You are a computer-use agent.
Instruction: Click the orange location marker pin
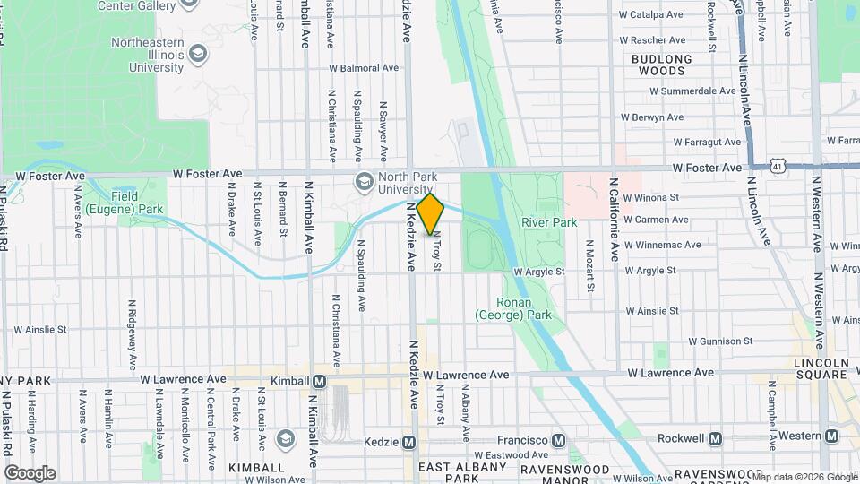[431, 213]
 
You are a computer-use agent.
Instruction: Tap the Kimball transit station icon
[319, 381]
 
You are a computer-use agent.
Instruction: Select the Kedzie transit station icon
[408, 442]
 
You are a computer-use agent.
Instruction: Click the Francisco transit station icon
[559, 440]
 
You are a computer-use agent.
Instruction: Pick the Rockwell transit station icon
[715, 438]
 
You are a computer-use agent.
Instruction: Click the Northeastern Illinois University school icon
[195, 54]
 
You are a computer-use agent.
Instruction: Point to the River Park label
[549, 222]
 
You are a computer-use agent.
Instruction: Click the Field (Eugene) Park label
[136, 203]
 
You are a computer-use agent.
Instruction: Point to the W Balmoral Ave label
[364, 68]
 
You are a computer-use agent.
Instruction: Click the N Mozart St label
[590, 267]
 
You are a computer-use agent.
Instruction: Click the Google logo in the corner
[30, 472]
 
